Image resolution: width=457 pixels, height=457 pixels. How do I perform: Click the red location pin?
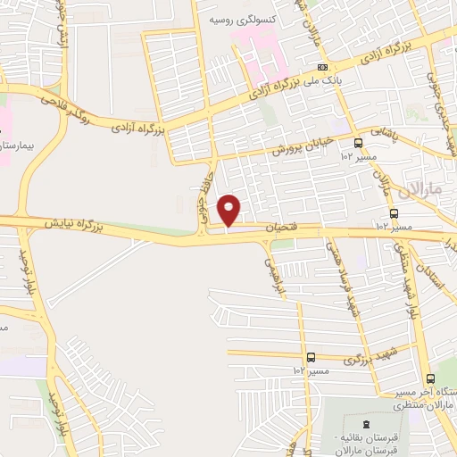(x=230, y=209)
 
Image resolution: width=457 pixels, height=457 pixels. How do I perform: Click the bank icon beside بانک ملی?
(x=322, y=67)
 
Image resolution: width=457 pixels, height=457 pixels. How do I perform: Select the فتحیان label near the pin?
(x=282, y=230)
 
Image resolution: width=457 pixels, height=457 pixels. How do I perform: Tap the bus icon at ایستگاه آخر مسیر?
(x=431, y=378)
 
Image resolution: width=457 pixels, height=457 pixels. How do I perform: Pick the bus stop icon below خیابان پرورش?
(x=358, y=143)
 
